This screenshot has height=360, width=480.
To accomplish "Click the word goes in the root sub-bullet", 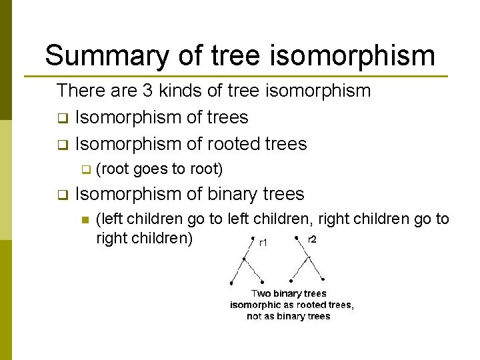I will pos(151,170).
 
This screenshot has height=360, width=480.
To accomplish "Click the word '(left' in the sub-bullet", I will pos(109,219).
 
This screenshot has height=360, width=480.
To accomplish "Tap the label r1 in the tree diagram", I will pos(263,243).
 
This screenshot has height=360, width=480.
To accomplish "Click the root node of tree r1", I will pos(253,237).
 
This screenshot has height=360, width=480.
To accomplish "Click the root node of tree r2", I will pos(295,235).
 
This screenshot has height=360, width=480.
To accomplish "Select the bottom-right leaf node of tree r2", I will pos(323,279).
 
